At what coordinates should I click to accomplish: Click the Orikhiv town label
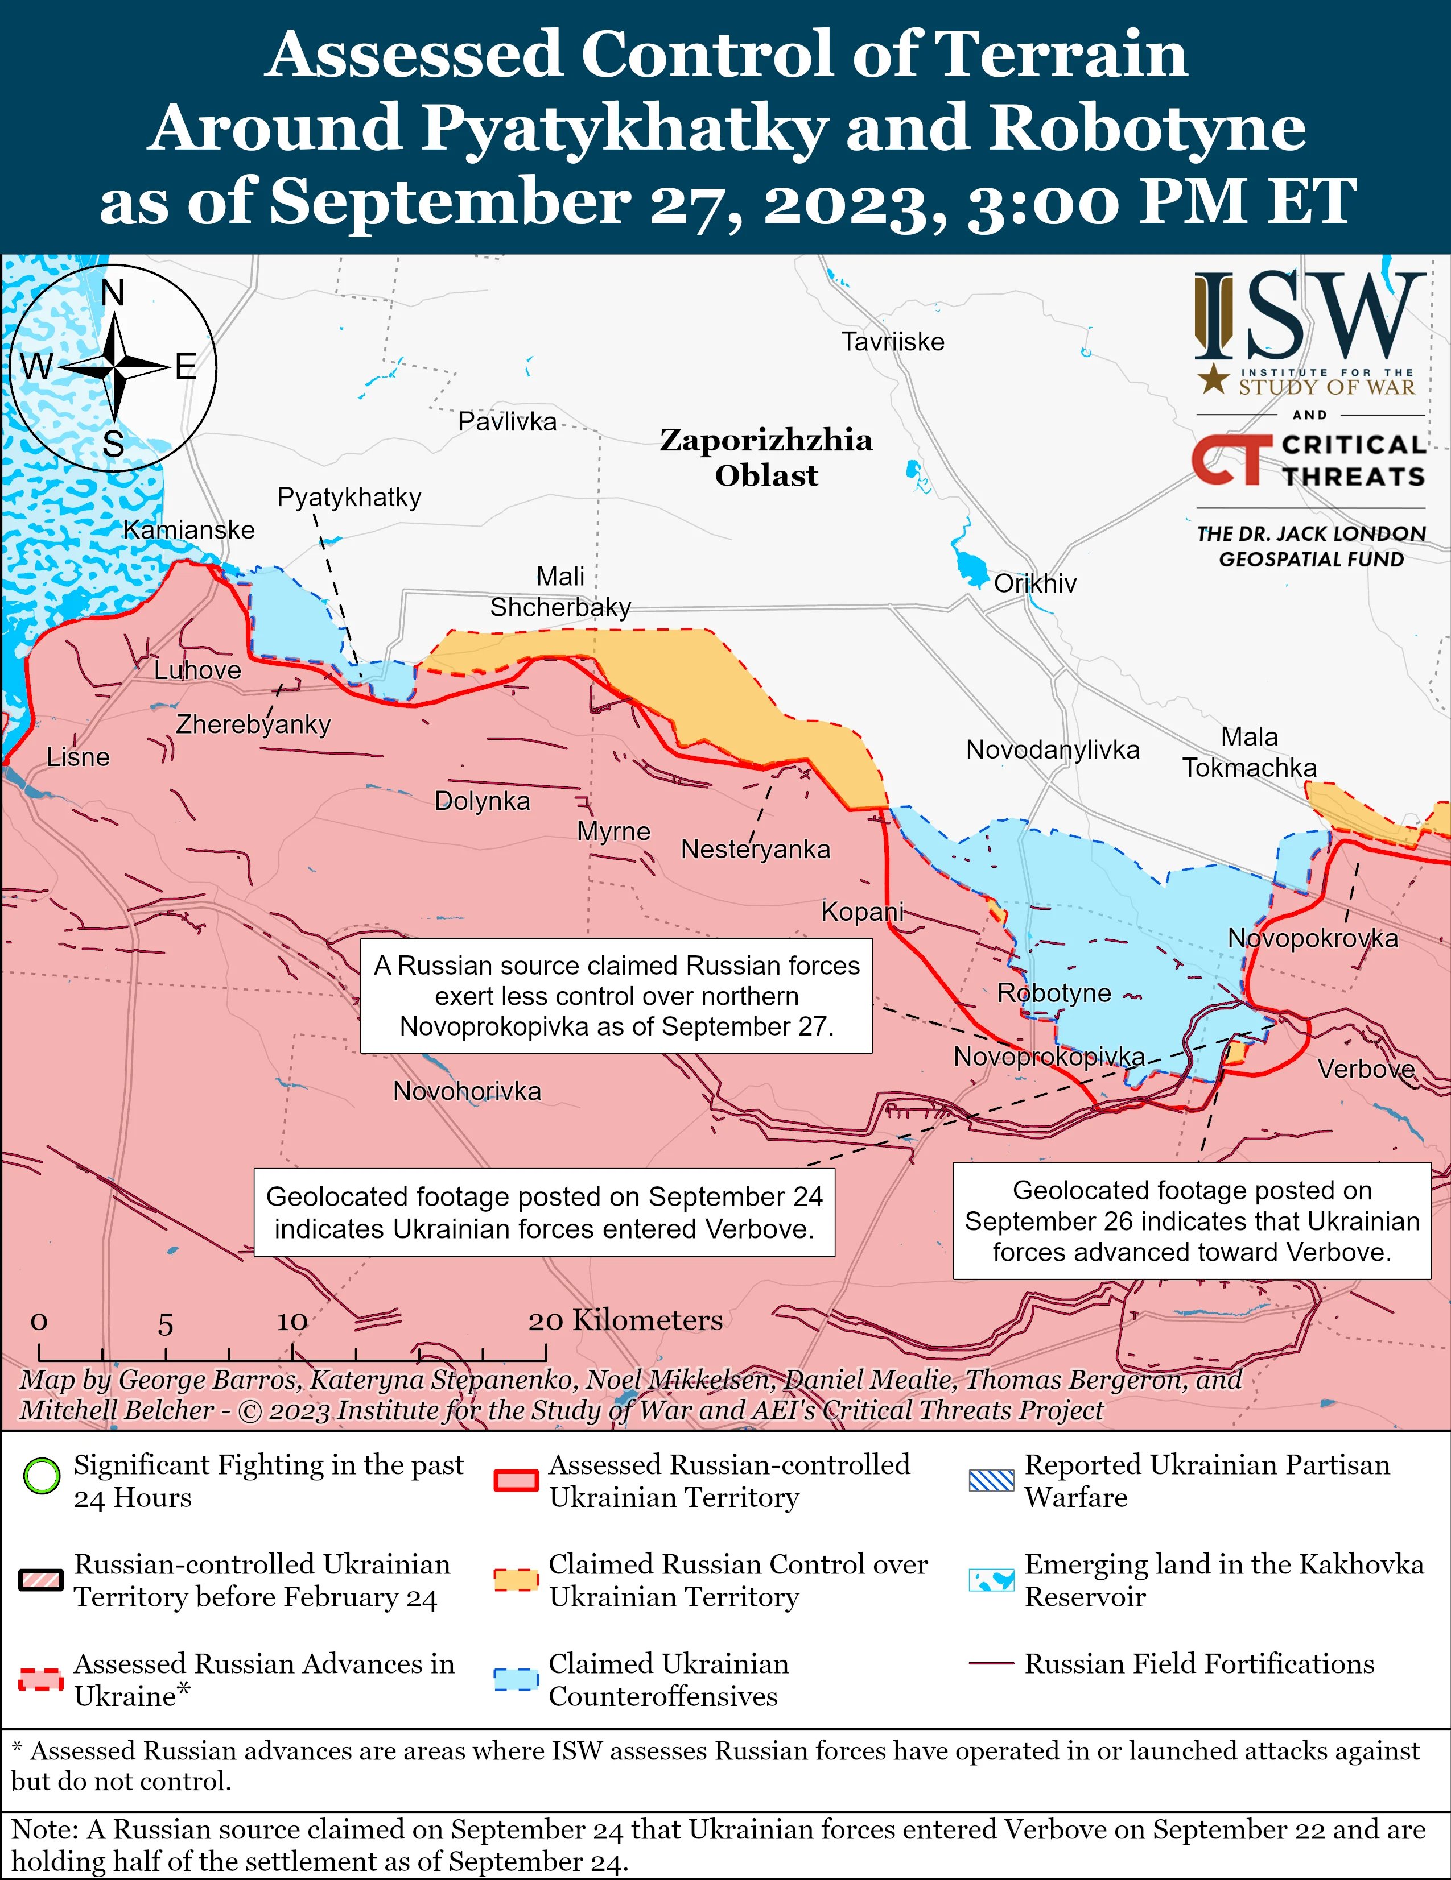[x=1035, y=583]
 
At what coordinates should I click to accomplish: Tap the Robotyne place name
[x=1053, y=992]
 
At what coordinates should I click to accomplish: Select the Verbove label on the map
[x=1366, y=1069]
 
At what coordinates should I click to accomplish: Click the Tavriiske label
[x=892, y=342]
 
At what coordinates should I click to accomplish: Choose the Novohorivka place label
[x=467, y=1091]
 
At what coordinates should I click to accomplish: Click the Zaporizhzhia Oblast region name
[x=765, y=457]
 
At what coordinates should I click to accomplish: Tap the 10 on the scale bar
[x=291, y=1322]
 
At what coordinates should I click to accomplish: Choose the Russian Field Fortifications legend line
[x=990, y=1664]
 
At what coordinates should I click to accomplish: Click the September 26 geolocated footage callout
[x=1191, y=1220]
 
